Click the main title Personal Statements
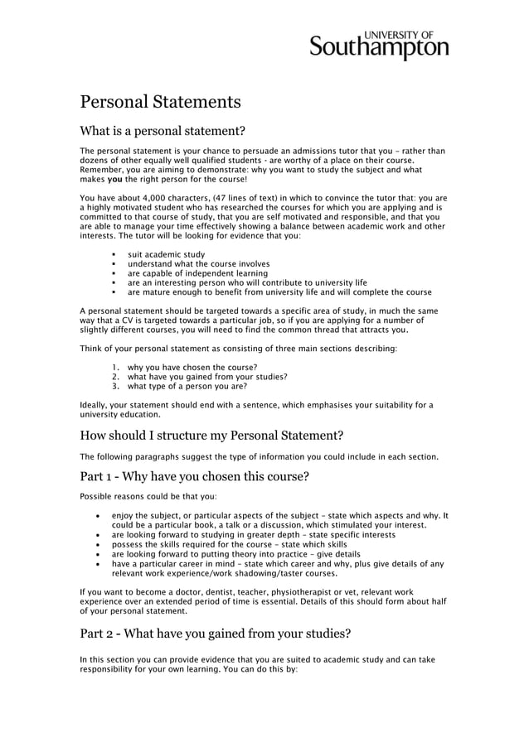coord(160,103)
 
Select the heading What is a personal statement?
coord(162,131)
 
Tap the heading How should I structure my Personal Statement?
coord(211,436)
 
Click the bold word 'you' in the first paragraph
coord(115,179)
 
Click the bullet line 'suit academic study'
coord(166,254)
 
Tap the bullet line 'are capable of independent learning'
coord(197,273)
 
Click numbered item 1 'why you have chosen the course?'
coord(192,367)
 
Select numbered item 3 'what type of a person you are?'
coord(187,386)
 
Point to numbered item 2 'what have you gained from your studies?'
coord(206,377)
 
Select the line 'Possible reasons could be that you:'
coord(148,497)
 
